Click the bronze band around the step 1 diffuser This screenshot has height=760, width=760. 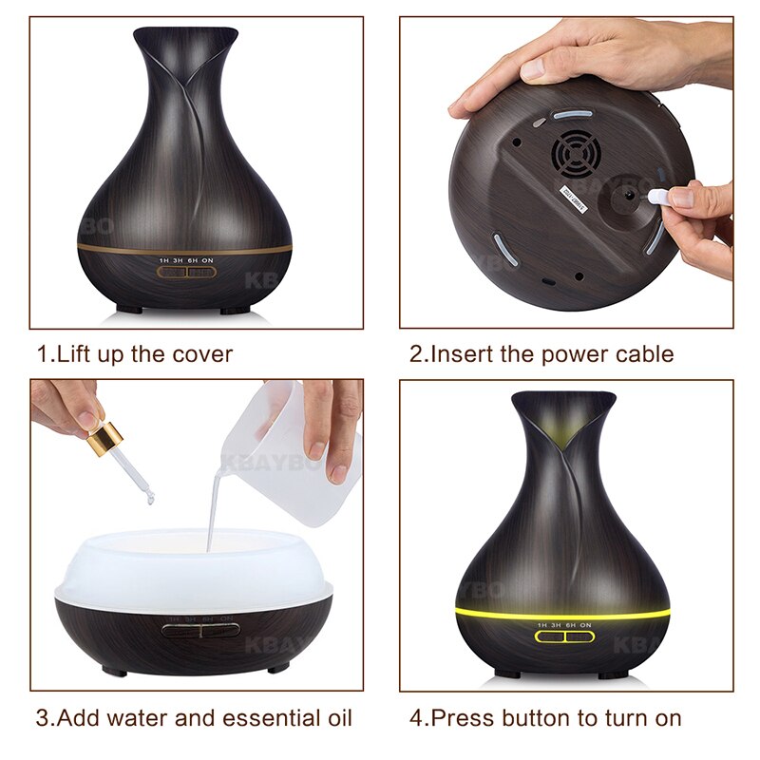tap(185, 247)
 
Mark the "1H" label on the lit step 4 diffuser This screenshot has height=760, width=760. tap(542, 624)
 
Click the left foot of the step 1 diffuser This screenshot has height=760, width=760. tap(134, 310)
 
